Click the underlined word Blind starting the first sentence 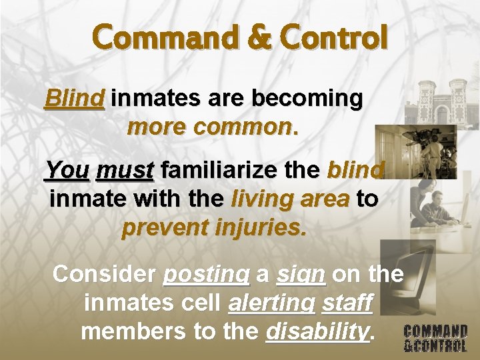click(74, 99)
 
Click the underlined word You click(67, 171)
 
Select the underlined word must click(125, 171)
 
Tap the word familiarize click(237, 171)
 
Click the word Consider click(103, 273)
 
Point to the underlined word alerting click(271, 303)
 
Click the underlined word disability click(317, 331)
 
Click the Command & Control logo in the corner click(435, 338)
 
